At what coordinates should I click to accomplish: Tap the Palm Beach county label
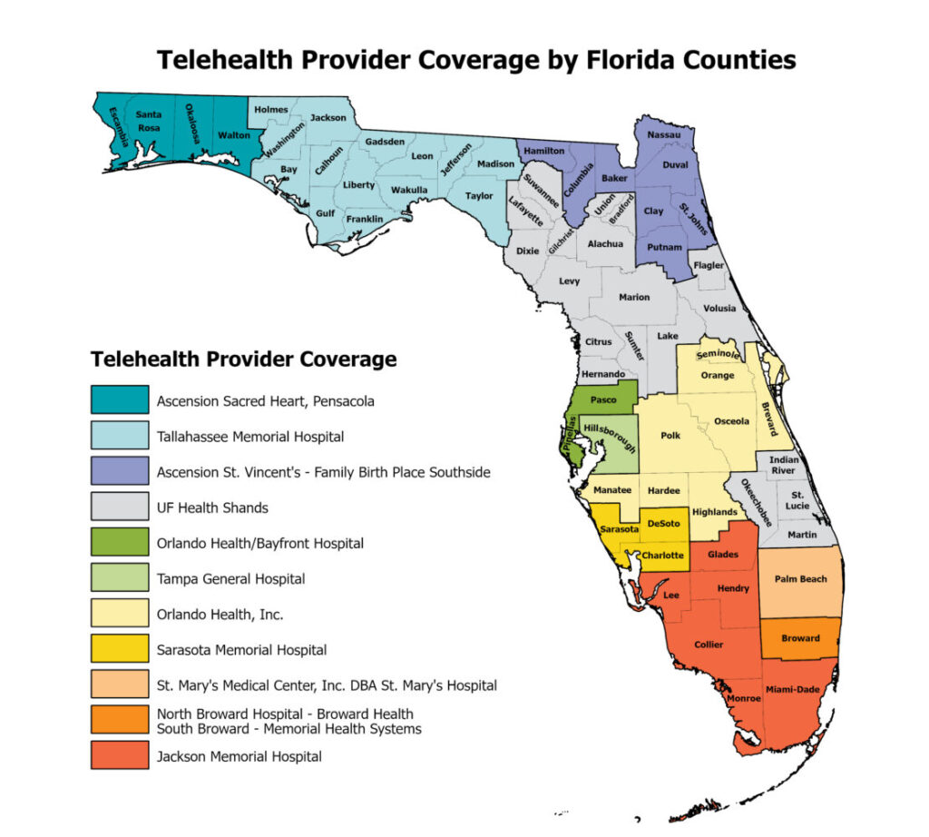tap(800, 578)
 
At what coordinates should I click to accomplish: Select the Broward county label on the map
tap(800, 638)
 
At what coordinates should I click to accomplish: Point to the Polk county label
tap(670, 436)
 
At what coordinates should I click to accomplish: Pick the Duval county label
tap(675, 165)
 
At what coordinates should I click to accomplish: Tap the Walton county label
tap(233, 135)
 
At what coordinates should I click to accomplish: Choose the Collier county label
tap(709, 645)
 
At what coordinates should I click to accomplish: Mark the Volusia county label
tap(720, 308)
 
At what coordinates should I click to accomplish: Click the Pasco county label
tap(603, 399)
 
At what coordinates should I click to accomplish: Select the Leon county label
tap(423, 156)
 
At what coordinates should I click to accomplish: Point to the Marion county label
tap(634, 297)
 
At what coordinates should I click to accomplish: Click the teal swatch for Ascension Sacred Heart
tap(119, 400)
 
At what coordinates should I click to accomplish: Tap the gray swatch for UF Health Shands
tap(119, 507)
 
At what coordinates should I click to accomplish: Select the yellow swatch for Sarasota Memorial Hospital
tap(119, 650)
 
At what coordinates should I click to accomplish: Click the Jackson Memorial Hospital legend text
tap(239, 756)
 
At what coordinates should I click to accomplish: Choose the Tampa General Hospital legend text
tap(230, 578)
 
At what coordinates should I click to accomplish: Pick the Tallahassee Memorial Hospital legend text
tap(249, 437)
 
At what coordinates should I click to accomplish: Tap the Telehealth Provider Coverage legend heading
tap(243, 359)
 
